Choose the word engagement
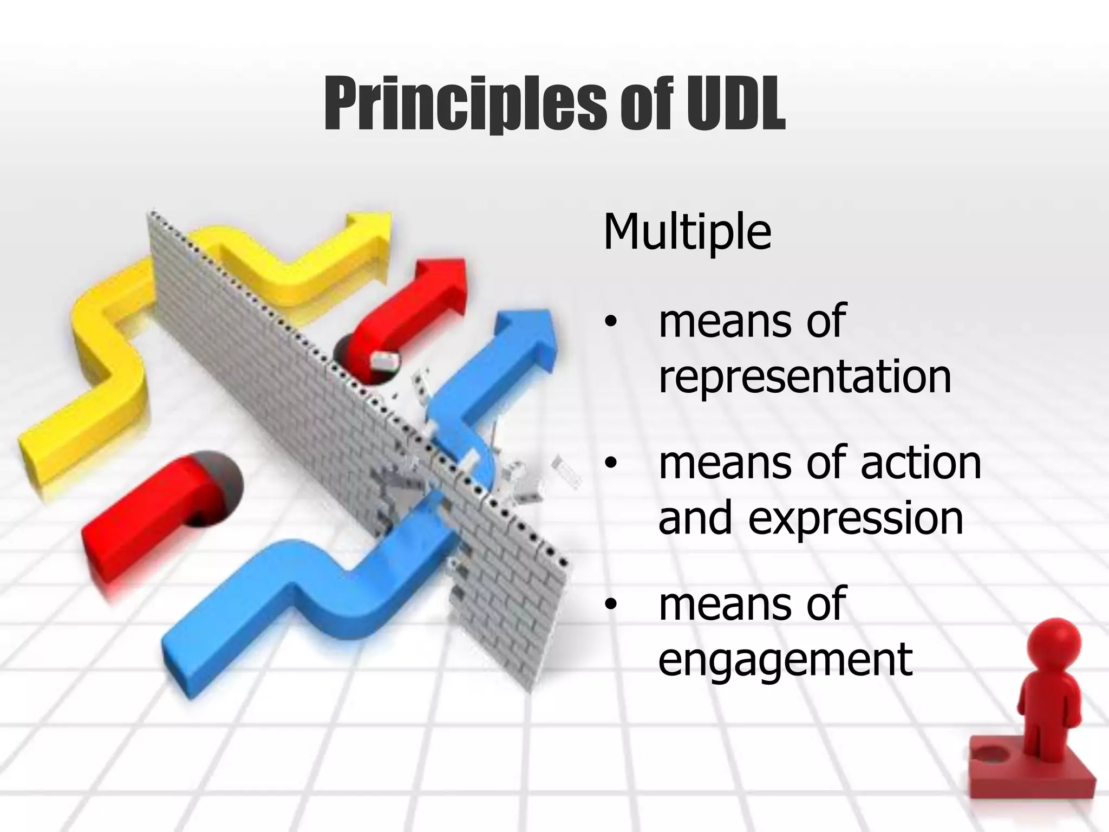click(785, 660)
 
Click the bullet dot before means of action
click(611, 464)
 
